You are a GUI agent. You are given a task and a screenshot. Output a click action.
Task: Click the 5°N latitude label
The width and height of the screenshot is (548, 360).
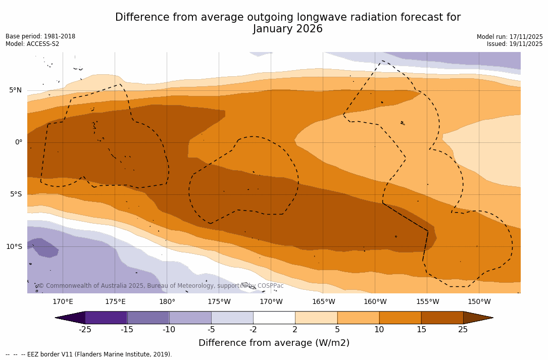(x=15, y=90)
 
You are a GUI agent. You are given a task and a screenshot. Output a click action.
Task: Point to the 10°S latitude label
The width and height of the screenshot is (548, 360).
(x=14, y=247)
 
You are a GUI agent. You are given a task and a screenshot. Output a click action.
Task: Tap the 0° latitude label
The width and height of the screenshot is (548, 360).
(x=18, y=142)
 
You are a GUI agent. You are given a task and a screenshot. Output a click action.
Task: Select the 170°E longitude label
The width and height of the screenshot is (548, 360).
(x=63, y=302)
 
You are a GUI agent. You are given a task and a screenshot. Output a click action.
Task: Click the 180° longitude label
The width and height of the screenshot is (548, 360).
(x=167, y=302)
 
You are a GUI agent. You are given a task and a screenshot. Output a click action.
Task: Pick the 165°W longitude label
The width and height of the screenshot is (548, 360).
(x=323, y=302)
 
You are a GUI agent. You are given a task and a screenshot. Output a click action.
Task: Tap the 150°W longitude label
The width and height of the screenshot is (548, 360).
(x=479, y=302)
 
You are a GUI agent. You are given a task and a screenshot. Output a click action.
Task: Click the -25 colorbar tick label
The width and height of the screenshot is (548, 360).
(x=85, y=330)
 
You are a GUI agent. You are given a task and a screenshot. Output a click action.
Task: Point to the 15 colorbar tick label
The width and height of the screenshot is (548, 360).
(x=421, y=330)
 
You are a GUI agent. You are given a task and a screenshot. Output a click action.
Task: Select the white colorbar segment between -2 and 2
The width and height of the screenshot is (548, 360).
(x=274, y=318)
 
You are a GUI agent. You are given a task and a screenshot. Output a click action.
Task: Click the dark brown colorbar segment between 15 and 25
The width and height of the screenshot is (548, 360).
(x=442, y=318)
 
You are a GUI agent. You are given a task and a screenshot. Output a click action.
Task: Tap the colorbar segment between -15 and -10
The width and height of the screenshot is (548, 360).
(x=148, y=318)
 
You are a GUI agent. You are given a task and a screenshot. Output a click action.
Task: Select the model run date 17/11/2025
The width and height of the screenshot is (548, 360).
(x=526, y=37)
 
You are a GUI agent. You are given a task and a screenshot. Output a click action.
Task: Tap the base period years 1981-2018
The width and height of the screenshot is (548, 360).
(x=59, y=36)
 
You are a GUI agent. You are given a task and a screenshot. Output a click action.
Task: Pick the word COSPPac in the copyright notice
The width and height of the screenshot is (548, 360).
(x=271, y=286)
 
